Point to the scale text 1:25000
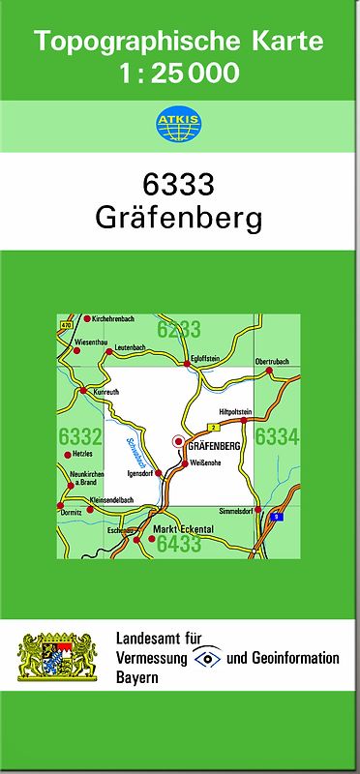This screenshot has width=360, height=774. (x=179, y=73)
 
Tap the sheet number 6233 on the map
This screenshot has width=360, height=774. (x=178, y=329)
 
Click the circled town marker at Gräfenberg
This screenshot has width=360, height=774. (x=177, y=442)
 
